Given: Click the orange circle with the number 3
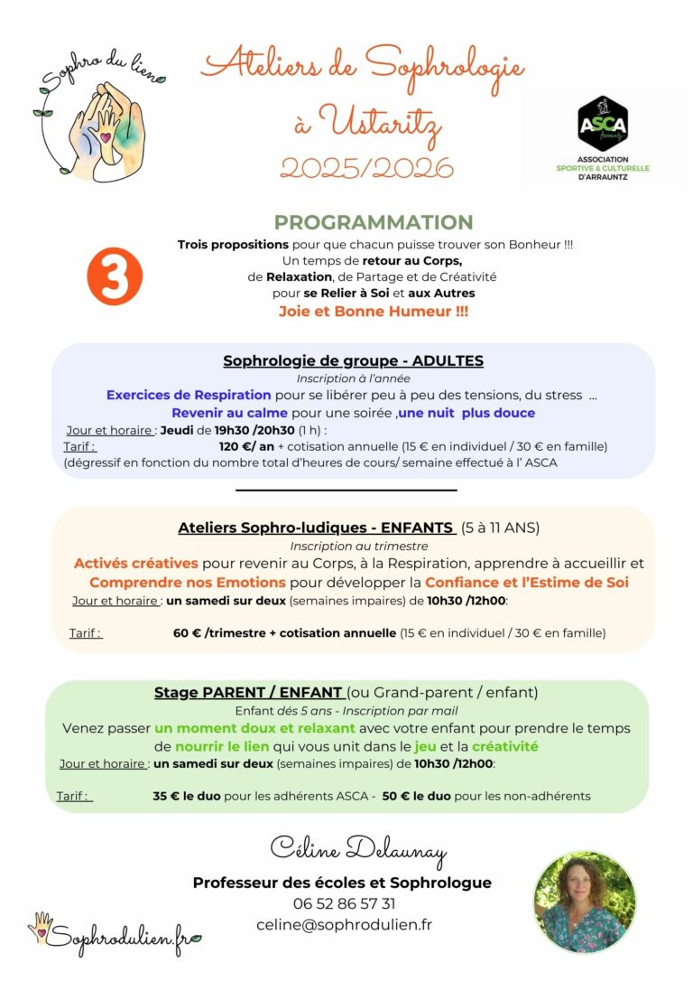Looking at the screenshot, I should click(115, 276).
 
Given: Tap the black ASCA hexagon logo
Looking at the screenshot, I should click(602, 124).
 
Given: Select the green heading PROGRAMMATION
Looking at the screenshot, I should click(374, 222).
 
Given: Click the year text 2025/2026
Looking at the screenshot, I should click(366, 168).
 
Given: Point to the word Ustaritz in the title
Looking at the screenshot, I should click(380, 121).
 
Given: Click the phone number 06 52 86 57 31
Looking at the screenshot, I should click(344, 903).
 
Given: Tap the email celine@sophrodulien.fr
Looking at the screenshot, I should click(344, 924).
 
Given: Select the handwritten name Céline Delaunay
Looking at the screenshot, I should click(357, 849).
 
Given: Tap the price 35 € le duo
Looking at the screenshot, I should click(188, 796).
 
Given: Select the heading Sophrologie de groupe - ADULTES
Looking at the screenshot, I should click(353, 360).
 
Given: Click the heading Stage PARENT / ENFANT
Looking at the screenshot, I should click(248, 693).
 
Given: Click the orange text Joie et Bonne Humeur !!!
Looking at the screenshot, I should click(373, 311).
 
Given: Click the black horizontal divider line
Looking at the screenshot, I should click(346, 490).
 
